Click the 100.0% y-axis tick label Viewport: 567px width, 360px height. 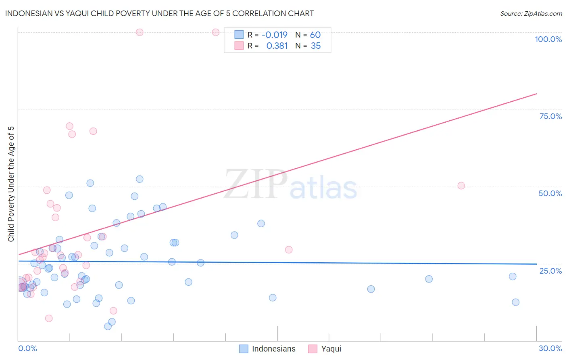tap(548, 39)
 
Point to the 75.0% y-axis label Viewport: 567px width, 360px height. tap(550, 116)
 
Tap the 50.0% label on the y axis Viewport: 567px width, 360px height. tap(550, 193)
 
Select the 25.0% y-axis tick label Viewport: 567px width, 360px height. tap(550, 271)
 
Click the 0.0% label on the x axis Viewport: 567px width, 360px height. tap(27, 348)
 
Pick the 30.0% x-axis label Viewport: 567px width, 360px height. tap(550, 348)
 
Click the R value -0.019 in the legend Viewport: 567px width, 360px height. tap(274, 35)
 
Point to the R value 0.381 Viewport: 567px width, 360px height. tap(277, 46)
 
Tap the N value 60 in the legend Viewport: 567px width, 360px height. tap(315, 35)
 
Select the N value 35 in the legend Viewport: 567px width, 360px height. tap(315, 46)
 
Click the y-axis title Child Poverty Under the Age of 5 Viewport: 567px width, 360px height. tap(11, 184)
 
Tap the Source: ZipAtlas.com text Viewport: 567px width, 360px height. tap(531, 14)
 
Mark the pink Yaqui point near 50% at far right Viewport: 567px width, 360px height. tap(461, 186)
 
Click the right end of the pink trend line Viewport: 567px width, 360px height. tap(536, 94)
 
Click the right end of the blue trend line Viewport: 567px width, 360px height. tap(536, 264)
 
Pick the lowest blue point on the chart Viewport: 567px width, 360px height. tap(108, 327)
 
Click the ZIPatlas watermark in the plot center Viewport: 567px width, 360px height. tap(290, 185)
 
